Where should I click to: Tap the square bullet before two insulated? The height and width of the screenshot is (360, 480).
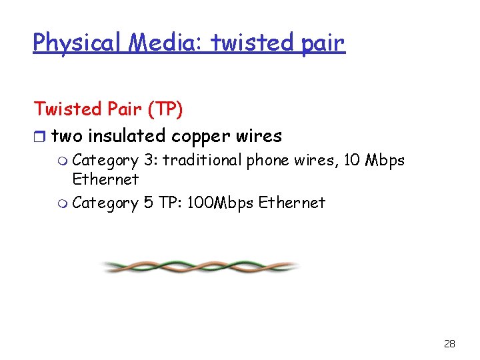[x=39, y=137]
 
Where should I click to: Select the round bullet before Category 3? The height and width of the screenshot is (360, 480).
[x=63, y=161]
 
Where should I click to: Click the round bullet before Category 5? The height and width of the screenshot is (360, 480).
[x=63, y=203]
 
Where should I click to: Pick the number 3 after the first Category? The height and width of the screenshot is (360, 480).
[x=149, y=160]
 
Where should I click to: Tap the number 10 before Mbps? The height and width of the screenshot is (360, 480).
[x=350, y=160]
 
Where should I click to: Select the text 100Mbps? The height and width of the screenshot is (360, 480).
[x=219, y=202]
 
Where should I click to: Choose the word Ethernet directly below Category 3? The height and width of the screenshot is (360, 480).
[x=105, y=179]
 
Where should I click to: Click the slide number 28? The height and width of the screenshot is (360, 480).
[x=449, y=344]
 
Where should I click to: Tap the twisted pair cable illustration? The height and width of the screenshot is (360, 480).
[x=200, y=267]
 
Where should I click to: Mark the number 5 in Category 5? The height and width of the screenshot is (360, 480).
[x=149, y=202]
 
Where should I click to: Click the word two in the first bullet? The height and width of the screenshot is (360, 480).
[x=67, y=136]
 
